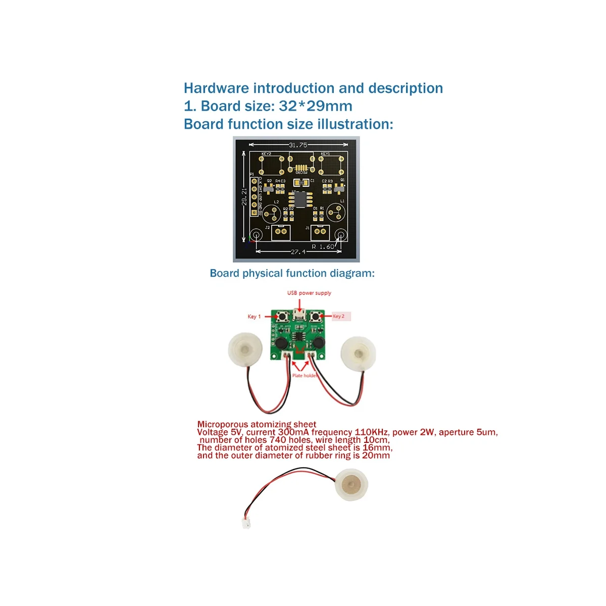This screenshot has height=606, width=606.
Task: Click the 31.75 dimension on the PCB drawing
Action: point(298,145)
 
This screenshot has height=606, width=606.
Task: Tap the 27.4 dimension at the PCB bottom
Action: point(298,251)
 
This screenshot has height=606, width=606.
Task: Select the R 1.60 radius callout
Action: point(323,246)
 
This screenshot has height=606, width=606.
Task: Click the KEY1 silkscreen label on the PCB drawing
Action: point(325,154)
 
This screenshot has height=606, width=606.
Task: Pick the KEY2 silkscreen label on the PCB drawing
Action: point(266,154)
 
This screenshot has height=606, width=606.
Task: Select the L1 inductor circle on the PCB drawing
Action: point(335,213)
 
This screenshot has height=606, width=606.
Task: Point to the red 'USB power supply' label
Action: point(309,293)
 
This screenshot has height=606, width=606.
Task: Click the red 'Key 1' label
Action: point(254,317)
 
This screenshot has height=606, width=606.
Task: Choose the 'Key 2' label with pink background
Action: point(339,317)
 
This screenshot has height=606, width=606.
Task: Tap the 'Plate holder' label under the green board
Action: point(305,376)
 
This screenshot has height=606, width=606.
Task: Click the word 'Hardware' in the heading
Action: point(216,88)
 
